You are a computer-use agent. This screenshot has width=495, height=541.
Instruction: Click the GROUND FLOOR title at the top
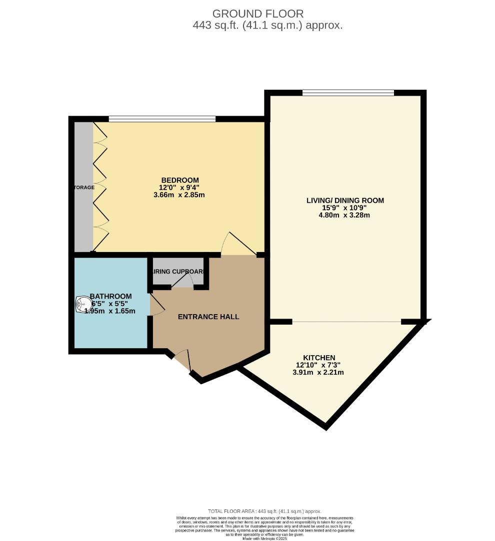pos(257,14)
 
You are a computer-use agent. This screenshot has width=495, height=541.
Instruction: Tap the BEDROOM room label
pos(179,180)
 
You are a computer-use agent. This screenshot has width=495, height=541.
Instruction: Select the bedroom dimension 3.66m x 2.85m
pos(179,195)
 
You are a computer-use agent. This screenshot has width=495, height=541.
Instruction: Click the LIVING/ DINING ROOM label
pos(345,200)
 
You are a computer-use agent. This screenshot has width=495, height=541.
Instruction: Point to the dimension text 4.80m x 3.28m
pos(345,215)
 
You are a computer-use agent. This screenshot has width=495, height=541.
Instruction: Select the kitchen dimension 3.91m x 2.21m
pos(318,372)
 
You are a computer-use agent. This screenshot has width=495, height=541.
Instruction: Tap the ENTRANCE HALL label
pos(208,317)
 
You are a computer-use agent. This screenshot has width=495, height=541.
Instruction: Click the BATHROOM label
pos(110,296)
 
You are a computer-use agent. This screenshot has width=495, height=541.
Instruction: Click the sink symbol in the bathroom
pos(82,304)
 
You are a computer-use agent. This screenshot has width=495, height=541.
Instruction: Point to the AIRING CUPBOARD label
pos(178,272)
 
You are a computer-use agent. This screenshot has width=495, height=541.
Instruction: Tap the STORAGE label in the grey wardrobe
pos(82,187)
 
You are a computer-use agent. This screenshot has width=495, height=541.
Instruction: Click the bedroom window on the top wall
pos(162,119)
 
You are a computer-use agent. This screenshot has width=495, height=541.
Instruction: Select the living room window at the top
pos(348,92)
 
